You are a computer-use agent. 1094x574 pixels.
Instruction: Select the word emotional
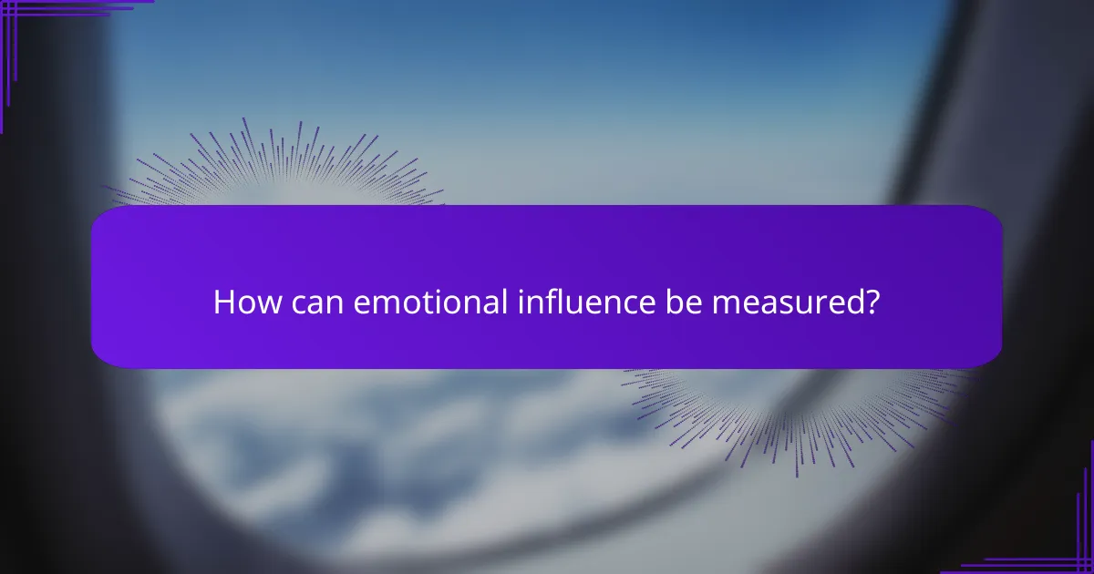(x=418, y=302)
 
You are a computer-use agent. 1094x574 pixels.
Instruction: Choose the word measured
(x=786, y=302)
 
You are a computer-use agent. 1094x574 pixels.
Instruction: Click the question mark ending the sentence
(x=872, y=302)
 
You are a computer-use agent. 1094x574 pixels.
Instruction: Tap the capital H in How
(x=222, y=302)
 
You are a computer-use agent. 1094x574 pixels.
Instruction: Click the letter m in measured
(x=722, y=305)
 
